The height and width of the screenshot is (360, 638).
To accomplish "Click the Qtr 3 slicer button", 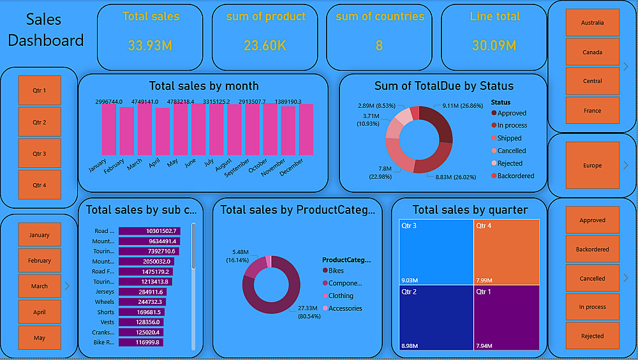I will click(39, 153).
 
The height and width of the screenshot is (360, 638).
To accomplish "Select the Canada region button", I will click(592, 52).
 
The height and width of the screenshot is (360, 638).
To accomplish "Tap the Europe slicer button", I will click(592, 165).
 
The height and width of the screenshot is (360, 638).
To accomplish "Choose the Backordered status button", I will click(592, 249).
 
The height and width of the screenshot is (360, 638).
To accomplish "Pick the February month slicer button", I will click(39, 260).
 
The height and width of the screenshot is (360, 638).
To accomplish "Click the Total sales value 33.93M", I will click(151, 45).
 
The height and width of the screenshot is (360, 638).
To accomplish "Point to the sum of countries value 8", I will click(380, 45).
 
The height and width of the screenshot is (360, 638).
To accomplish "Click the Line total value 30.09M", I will click(494, 45).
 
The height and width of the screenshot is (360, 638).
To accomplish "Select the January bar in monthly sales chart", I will click(109, 129).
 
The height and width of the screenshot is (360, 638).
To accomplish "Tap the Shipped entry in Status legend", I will click(509, 138).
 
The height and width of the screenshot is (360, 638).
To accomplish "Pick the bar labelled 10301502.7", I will click(150, 231).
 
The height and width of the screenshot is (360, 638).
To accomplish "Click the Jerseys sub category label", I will click(105, 292).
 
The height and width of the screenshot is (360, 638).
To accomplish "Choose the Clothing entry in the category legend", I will click(341, 296).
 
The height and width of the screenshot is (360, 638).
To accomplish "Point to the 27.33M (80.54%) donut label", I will click(312, 312).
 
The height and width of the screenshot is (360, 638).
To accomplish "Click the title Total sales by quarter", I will click(470, 209).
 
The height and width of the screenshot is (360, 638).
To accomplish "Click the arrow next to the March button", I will click(67, 286).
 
